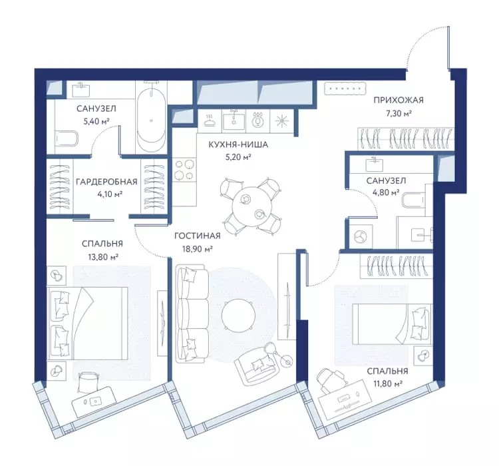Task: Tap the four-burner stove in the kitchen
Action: pos(184,170)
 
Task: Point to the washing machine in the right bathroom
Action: pos(361,237)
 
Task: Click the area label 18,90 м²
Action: pos(198,249)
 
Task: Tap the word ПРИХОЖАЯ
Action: pos(399,101)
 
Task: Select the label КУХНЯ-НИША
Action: pos(238,144)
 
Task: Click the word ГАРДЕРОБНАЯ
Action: pos(106,182)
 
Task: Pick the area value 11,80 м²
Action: pos(387,384)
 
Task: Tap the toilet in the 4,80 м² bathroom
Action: pos(413,200)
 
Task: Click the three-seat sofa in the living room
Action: pos(192,314)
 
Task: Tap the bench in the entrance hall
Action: pos(345,89)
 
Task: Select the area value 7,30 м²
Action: pos(399,113)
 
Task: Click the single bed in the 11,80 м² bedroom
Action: pos(393,324)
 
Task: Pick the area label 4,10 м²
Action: pos(107,194)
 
